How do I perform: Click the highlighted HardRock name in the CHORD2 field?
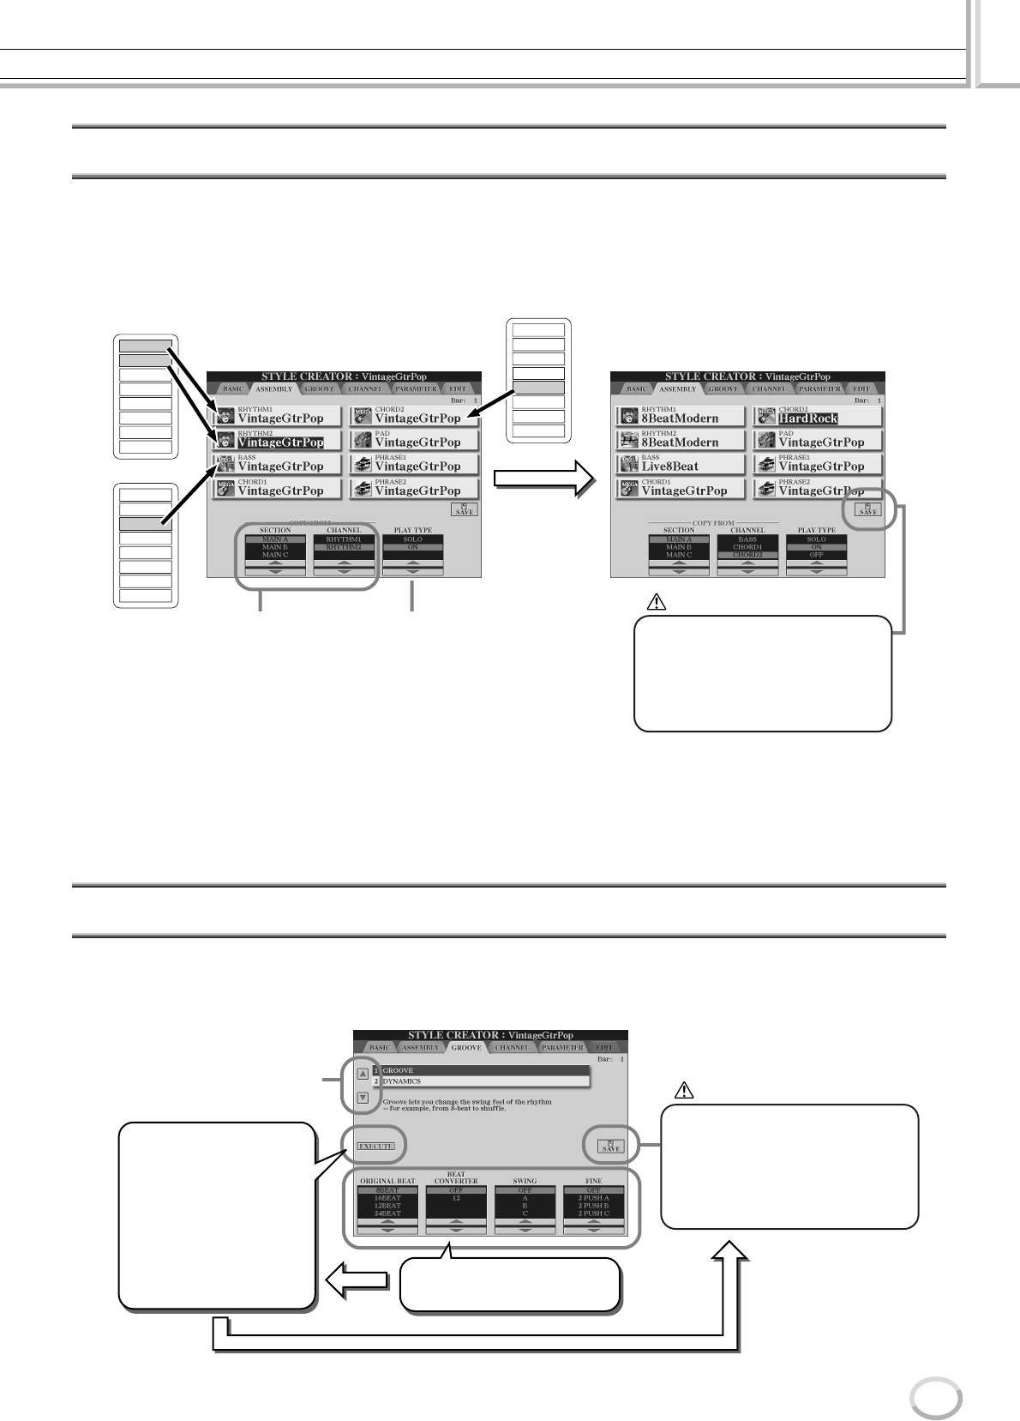click(807, 418)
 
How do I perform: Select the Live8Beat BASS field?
click(669, 466)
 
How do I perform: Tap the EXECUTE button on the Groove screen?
click(375, 1146)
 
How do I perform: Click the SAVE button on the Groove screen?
click(612, 1145)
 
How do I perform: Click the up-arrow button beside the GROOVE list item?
click(363, 1073)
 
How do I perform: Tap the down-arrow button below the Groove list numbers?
click(363, 1097)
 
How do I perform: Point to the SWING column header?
click(525, 1182)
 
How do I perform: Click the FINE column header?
click(593, 1182)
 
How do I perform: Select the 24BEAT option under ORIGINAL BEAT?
click(387, 1213)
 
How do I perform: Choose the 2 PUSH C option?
click(593, 1213)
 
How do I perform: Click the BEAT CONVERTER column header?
click(456, 1178)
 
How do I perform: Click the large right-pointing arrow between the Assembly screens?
click(544, 480)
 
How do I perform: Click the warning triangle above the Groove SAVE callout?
click(684, 1091)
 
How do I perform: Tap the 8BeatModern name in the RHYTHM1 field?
click(680, 418)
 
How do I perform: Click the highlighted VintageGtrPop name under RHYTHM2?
click(280, 443)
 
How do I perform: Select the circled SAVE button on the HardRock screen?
click(867, 509)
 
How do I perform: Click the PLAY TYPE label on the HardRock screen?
click(816, 531)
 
